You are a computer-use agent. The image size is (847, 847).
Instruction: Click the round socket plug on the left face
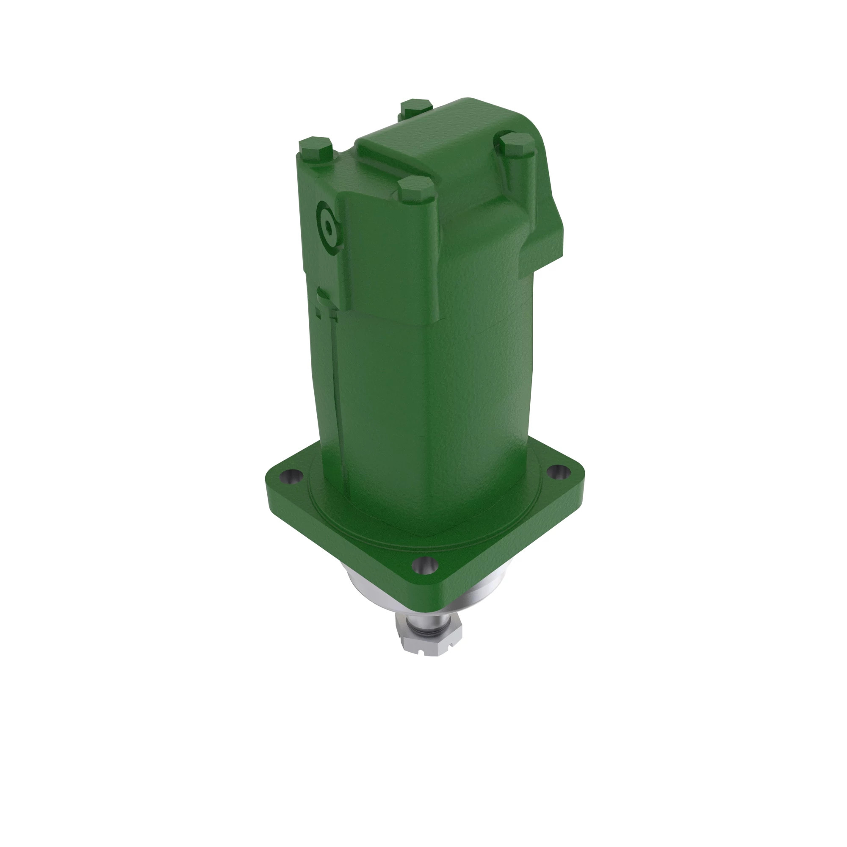click(328, 227)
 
